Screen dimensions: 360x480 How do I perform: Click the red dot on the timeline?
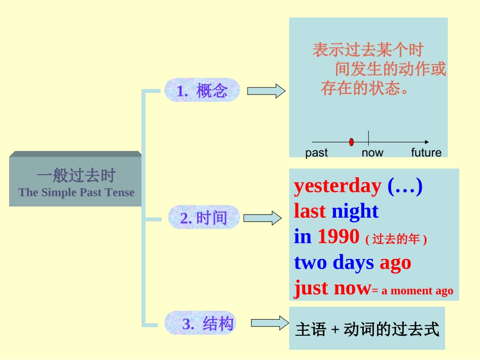[x=351, y=142]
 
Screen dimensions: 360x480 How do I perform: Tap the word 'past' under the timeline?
[x=317, y=153]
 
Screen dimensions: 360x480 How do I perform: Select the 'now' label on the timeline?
[x=372, y=153]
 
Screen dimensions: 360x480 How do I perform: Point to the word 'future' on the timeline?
[x=426, y=153]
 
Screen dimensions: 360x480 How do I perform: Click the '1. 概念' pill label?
[x=202, y=90]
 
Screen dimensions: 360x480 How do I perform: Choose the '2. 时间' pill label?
[x=204, y=218]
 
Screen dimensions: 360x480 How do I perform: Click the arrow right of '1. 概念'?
[x=266, y=91]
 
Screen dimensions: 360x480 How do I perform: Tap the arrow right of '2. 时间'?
[x=262, y=218]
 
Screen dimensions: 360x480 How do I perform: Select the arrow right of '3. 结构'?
[x=269, y=323]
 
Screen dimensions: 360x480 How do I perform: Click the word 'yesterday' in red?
[x=338, y=186]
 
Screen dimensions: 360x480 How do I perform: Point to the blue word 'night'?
[x=355, y=211]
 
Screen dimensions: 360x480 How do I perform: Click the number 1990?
[x=339, y=236]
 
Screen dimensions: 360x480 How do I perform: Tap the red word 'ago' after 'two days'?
[x=395, y=263]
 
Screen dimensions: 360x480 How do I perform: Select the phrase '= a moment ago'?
[x=412, y=291]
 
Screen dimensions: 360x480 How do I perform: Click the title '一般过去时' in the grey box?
[x=76, y=176]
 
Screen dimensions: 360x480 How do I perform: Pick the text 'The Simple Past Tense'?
[x=76, y=192]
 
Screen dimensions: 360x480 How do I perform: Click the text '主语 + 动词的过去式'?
[x=367, y=330]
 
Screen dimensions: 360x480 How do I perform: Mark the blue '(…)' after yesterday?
[x=405, y=186]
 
